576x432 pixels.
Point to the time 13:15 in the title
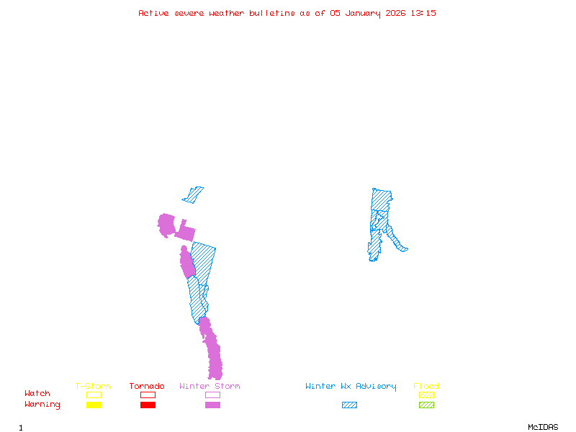pos(424,13)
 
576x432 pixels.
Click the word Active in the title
pos(154,13)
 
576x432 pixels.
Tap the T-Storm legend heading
pos(93,387)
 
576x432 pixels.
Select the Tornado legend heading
pos(147,387)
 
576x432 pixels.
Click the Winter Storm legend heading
pos(210,387)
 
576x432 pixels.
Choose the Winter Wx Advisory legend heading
pos(351,387)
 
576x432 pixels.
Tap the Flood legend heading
pos(426,387)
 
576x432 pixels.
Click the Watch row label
pos(37,394)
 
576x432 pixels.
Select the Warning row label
pos(42,405)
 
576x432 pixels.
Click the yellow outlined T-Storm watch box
pos(94,395)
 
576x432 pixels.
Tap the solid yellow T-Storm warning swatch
pos(94,405)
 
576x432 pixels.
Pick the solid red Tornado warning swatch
pos(148,405)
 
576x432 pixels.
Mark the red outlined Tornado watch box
pos(148,395)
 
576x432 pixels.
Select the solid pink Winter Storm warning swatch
pos(212,405)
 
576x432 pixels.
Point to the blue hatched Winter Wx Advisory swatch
pos(349,405)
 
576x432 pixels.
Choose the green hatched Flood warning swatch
pos(426,405)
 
